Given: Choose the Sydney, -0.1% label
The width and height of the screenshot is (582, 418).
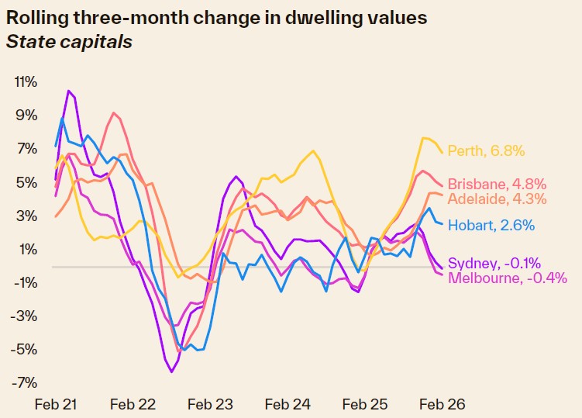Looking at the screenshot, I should [488, 263].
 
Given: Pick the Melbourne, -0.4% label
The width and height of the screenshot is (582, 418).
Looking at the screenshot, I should [508, 278].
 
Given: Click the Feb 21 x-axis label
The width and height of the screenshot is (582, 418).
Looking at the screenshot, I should [57, 405].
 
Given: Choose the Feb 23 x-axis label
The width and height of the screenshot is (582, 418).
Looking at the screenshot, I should [211, 405].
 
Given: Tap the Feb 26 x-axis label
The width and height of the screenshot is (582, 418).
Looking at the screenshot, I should [443, 405].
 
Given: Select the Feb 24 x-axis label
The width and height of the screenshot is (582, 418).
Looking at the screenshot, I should [288, 405].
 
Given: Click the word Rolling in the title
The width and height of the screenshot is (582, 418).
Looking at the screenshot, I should [36, 17].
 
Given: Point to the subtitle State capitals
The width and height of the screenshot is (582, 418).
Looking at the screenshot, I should [69, 41].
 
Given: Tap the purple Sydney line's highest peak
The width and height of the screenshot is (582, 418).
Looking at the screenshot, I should [68, 91].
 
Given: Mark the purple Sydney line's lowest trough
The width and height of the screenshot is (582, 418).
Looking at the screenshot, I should [171, 372].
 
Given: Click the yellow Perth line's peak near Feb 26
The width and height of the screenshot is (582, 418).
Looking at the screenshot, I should [425, 138].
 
